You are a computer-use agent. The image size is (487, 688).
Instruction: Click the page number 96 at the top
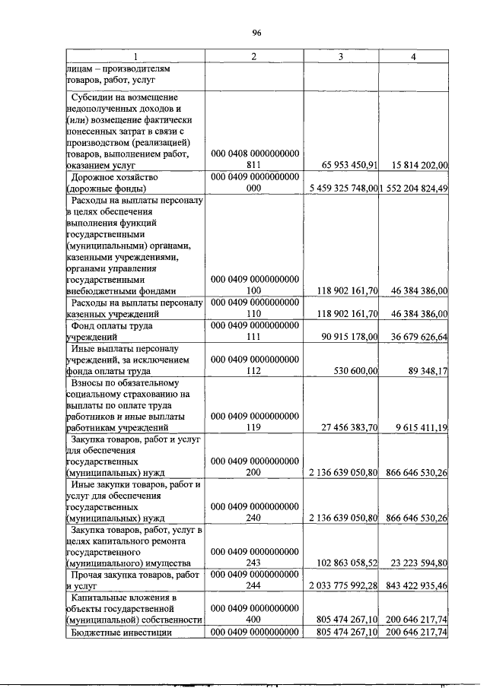click(256, 33)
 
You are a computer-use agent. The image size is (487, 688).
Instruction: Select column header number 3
click(341, 57)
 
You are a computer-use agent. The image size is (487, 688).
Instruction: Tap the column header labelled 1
click(134, 57)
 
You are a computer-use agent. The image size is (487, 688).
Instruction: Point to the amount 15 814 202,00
click(415, 163)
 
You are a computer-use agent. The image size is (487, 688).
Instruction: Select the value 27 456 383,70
click(344, 428)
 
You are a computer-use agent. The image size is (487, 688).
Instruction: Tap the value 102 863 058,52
click(342, 563)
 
